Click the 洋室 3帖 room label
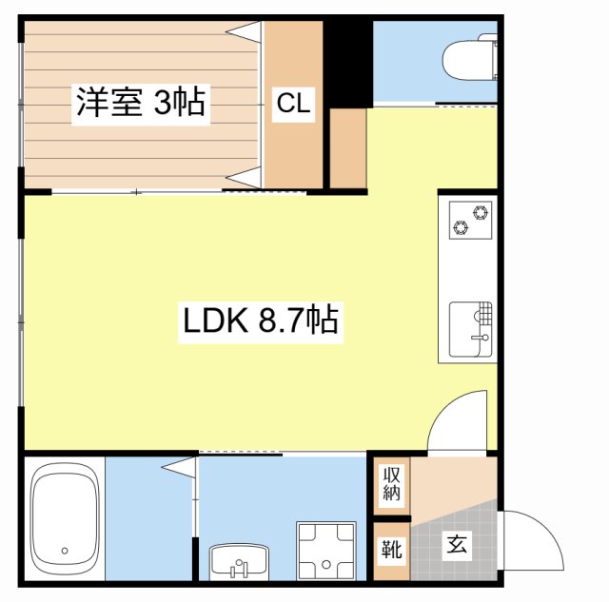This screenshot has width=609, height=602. click(141, 102)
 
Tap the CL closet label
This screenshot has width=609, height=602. click(293, 103)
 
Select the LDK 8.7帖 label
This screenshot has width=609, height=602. click(260, 320)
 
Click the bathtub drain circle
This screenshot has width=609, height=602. click(65, 551)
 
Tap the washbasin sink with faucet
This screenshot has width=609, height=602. click(239, 562)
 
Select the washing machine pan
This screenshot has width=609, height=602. click(326, 551)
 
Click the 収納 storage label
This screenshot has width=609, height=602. click(391, 483)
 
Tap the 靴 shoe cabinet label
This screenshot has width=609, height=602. click(391, 549)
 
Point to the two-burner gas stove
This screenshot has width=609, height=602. click(470, 220)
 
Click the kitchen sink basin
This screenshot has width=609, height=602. click(470, 329)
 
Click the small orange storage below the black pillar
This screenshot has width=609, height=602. click(348, 148)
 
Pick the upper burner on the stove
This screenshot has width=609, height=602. click(481, 212)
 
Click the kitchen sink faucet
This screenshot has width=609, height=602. click(481, 338)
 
